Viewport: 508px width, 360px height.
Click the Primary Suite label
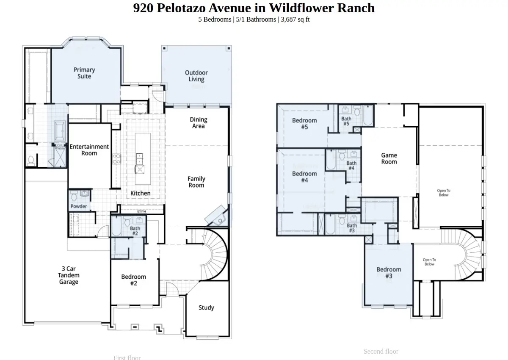(84, 73)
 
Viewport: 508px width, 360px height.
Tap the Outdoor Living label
(196, 76)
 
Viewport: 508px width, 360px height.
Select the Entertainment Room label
(89, 150)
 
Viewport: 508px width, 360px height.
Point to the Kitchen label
(140, 193)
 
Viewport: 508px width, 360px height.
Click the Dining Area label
(198, 123)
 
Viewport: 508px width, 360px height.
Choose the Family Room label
(196, 182)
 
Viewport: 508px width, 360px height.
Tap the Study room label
(206, 307)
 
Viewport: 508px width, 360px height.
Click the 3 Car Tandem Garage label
(69, 275)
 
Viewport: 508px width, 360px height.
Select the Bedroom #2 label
(133, 280)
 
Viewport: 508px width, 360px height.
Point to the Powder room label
(79, 206)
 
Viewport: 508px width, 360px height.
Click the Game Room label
(389, 158)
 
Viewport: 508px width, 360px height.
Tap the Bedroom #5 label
(304, 124)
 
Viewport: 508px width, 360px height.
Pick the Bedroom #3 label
(389, 272)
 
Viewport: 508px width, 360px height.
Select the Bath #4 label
(351, 166)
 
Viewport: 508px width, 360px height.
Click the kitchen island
(143, 153)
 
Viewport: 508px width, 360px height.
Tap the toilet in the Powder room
(75, 196)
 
